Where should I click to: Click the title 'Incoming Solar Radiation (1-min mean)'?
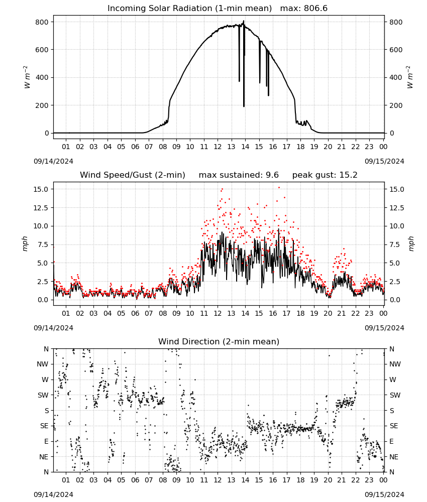[189, 8]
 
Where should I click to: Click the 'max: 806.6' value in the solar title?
[304, 8]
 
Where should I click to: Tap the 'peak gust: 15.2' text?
[325, 175]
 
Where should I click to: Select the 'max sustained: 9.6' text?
[239, 175]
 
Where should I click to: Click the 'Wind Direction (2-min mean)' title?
[219, 341]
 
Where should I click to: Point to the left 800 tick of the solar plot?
[42, 22]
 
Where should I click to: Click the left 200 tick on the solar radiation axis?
[42, 105]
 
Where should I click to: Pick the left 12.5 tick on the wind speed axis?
[41, 208]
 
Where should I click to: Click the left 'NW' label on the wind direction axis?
[43, 364]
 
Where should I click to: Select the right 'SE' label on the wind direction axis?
[394, 426]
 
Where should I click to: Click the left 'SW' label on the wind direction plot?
[43, 395]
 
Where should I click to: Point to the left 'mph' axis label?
[25, 244]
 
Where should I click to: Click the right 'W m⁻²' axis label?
[410, 77]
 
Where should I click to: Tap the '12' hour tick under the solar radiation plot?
[218, 147]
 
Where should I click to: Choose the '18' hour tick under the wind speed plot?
[300, 313]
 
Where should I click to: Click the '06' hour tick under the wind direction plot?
[135, 480]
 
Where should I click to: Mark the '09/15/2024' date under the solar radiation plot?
[384, 161]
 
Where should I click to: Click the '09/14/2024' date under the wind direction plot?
[53, 494]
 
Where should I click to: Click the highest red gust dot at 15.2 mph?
[279, 188]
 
